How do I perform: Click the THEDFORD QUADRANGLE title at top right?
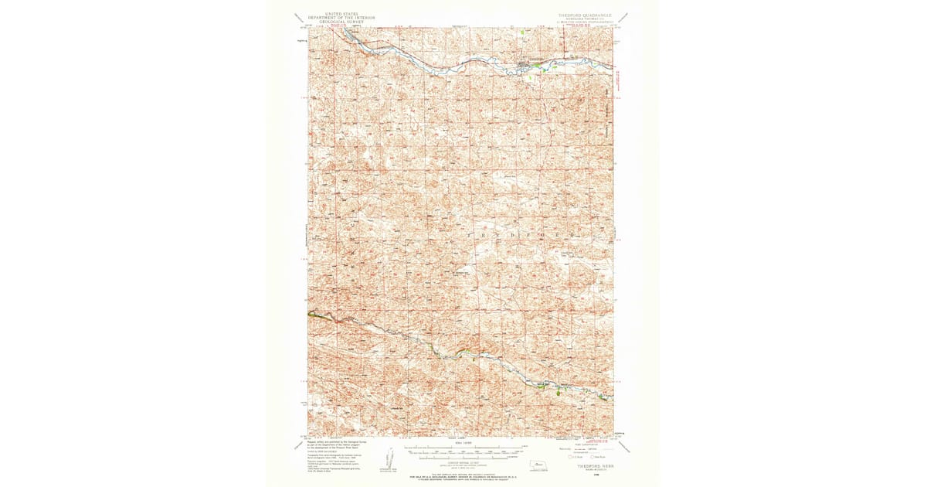[585, 15]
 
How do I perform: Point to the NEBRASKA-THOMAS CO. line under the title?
[585, 19]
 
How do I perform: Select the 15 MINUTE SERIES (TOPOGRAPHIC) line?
[585, 23]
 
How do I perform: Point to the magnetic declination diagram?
[389, 467]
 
